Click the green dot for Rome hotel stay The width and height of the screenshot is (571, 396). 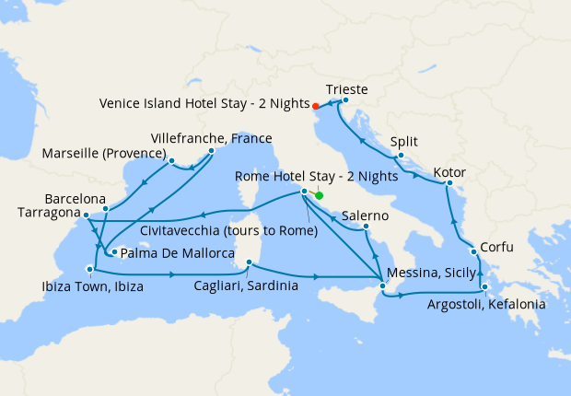click(x=319, y=195)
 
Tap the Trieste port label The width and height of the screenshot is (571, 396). click(x=347, y=89)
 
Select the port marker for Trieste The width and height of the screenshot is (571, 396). click(x=344, y=100)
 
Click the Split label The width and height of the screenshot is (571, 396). click(x=403, y=142)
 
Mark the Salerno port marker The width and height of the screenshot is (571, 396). click(x=367, y=227)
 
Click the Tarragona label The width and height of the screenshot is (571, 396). click(x=47, y=213)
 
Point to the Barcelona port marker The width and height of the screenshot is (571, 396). click(x=106, y=208)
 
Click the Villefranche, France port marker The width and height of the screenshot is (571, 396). click(x=211, y=151)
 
